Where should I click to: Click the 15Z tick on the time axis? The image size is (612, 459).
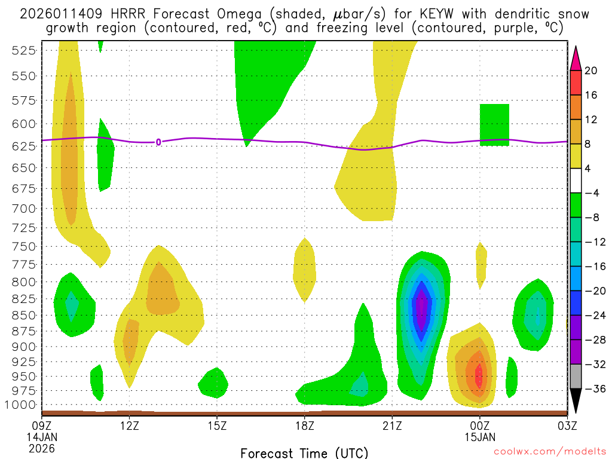pyautogui.click(x=217, y=426)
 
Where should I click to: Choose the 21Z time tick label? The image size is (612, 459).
pyautogui.click(x=392, y=426)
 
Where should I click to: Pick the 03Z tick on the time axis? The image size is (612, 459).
pyautogui.click(x=567, y=426)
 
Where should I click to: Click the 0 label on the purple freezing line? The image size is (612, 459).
pyautogui.click(x=158, y=142)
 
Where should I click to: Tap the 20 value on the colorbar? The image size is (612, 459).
pyautogui.click(x=591, y=71)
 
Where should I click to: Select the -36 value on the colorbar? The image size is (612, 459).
pyautogui.click(x=591, y=389)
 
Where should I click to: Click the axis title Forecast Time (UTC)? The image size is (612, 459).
pyautogui.click(x=304, y=452)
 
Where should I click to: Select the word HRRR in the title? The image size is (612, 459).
pyautogui.click(x=126, y=14)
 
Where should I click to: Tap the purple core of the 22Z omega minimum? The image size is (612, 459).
pyautogui.click(x=423, y=308)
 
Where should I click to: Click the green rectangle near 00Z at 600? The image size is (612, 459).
pyautogui.click(x=494, y=124)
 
